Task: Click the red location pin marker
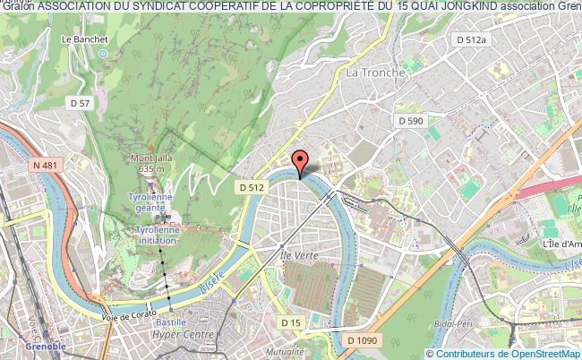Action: [x=303, y=160]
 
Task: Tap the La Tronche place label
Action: [x=375, y=72]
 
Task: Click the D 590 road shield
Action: [x=410, y=120]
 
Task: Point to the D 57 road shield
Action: [x=80, y=104]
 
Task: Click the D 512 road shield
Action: [x=251, y=187]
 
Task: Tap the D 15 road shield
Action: [x=289, y=321]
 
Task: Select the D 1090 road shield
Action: [x=364, y=340]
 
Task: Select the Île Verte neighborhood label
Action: [x=297, y=255]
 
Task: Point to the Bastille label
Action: [x=171, y=321]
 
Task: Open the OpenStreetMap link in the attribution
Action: [x=532, y=354]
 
